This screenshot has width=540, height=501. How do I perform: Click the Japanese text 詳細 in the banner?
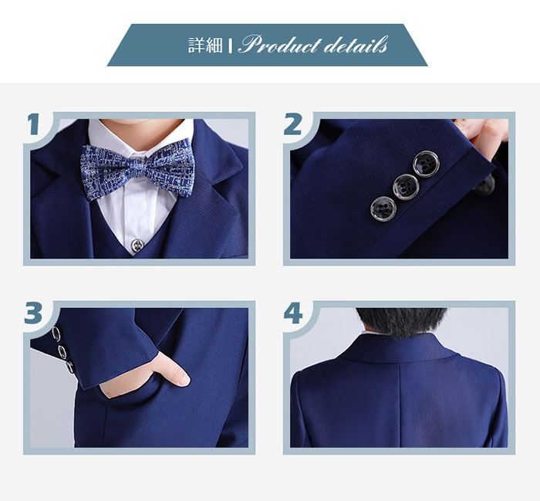[205, 45]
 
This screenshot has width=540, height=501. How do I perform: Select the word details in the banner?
[356, 45]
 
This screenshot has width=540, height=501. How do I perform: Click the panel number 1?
[34, 124]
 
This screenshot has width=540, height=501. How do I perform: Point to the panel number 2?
[292, 124]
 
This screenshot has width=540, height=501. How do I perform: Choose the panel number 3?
[33, 313]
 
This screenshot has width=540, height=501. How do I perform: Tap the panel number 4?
[293, 313]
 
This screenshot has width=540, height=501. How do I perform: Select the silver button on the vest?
[137, 245]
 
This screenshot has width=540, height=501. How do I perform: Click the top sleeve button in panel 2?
[427, 164]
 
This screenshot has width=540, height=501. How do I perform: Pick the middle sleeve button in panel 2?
[406, 187]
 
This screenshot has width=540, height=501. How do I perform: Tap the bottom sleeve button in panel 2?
[383, 208]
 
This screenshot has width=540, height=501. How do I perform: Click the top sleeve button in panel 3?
[56, 334]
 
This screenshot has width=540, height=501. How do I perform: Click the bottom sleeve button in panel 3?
[69, 366]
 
